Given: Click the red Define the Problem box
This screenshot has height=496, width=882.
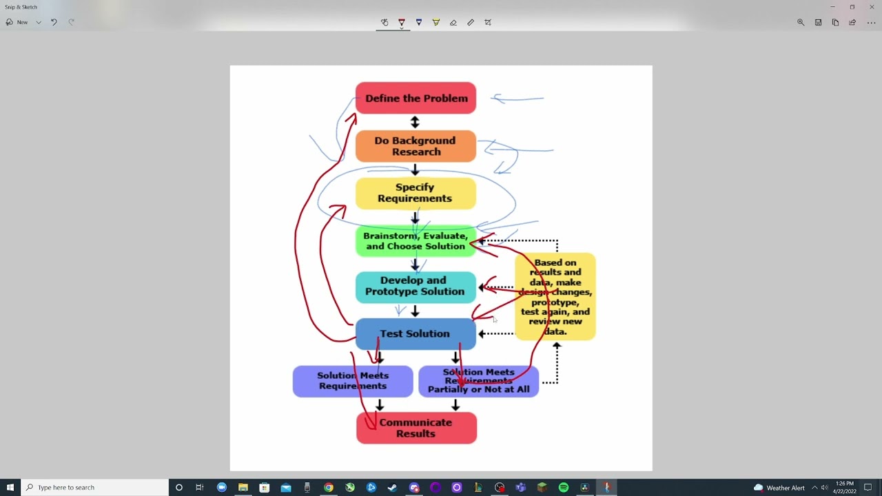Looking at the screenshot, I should point(416,98).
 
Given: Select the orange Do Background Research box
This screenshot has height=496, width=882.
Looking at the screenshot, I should point(416,146).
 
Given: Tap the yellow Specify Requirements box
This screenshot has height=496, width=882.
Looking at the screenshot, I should point(416,193).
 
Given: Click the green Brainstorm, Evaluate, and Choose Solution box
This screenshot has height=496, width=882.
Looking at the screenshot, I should point(416,241).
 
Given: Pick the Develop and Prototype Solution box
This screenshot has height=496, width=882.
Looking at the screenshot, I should point(416,286).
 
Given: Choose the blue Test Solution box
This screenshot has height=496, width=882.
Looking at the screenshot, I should point(416,334).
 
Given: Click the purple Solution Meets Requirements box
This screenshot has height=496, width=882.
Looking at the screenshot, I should point(352,381).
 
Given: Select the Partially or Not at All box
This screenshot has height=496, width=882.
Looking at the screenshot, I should point(478,381).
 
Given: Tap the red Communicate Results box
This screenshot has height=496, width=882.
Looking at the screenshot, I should point(416,428).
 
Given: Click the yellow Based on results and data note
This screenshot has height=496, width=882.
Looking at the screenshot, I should point(555,297).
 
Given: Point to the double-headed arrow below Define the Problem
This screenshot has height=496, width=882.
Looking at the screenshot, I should point(415,122).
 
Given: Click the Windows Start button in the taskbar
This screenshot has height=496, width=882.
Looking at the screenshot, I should point(10,487).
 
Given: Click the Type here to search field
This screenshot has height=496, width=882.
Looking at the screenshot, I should point(96,487).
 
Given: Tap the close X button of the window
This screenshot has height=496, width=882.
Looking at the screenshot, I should point(871,7).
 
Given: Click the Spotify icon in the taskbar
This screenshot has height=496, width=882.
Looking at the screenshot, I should point(564,487).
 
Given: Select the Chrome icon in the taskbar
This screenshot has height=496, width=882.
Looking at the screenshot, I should point(329,487).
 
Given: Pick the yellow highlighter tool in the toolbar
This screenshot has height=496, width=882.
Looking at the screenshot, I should point(435,22).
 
